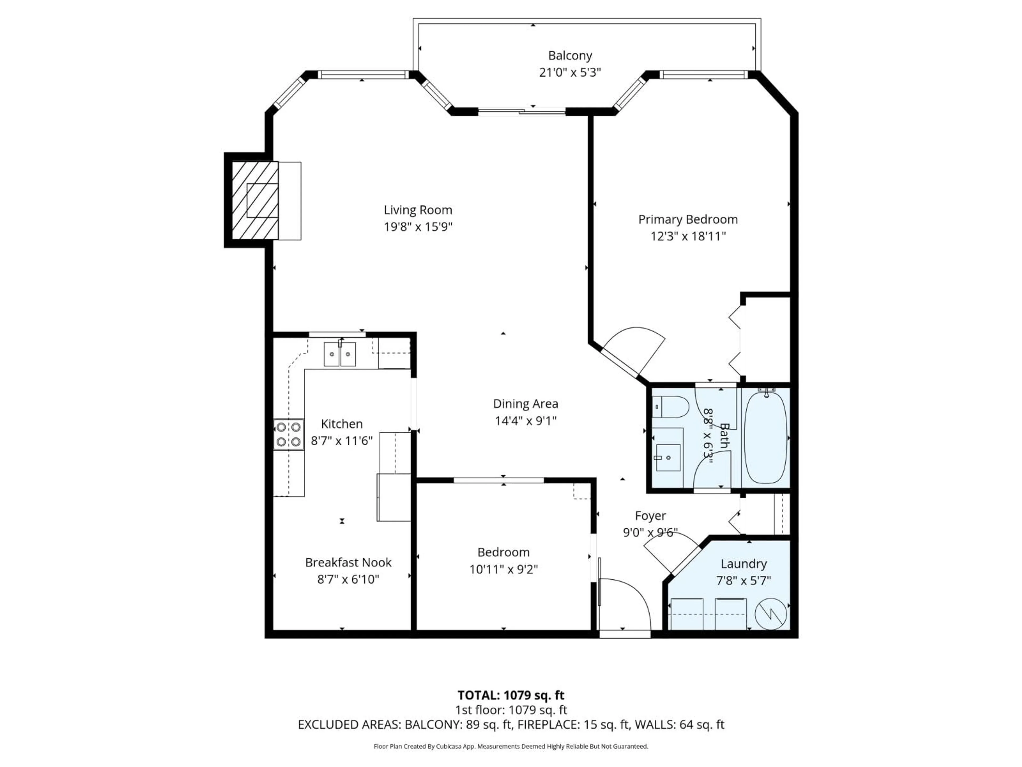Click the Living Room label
[x=418, y=210]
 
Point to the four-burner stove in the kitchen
[x=288, y=434]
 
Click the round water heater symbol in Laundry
[x=771, y=614]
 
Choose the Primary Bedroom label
[x=687, y=220]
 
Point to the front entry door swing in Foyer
[x=628, y=601]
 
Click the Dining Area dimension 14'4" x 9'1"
[x=526, y=421]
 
